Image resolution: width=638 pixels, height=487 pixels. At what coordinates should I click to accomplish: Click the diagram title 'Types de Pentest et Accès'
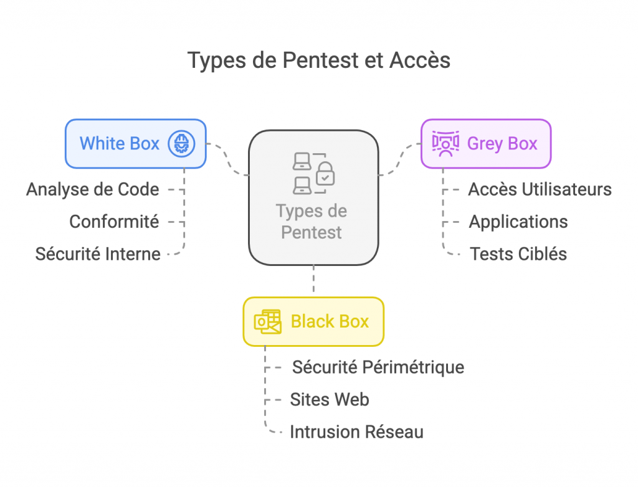point(318,60)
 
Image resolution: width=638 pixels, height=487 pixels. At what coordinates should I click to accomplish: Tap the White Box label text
point(120,144)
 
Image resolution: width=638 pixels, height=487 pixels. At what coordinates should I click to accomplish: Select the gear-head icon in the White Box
point(181,144)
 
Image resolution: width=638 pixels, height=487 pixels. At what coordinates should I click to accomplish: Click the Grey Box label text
point(502,144)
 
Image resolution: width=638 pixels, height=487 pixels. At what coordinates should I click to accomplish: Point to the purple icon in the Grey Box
point(445,144)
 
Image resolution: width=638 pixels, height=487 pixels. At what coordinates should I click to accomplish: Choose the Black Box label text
point(330,321)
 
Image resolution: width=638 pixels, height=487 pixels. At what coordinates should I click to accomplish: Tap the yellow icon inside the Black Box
point(267,321)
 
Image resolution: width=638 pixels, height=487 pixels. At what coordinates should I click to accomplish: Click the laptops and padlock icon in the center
point(313,173)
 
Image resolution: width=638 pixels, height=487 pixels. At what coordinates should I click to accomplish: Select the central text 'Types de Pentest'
point(312,222)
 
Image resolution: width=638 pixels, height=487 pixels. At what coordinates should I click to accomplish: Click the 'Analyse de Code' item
point(92,189)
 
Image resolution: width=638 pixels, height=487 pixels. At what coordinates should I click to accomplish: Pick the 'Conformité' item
point(114,222)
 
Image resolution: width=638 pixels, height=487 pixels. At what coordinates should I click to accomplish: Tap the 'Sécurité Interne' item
point(98,254)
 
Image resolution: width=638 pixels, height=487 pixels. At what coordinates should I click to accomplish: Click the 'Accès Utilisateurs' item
point(540,189)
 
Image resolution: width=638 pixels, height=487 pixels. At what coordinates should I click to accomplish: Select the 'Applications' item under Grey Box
point(518,222)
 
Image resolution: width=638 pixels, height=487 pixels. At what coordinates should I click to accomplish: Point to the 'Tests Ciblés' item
point(518,254)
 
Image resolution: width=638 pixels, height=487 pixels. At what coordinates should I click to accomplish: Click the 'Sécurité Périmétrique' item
point(378,367)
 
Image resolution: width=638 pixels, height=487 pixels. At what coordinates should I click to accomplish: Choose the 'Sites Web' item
point(330,399)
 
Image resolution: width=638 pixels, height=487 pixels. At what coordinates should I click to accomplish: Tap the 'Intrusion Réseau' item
point(356,432)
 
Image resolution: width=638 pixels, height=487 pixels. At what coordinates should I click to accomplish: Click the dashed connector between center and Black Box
point(313,281)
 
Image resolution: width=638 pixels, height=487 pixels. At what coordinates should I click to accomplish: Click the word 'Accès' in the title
point(419,60)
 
